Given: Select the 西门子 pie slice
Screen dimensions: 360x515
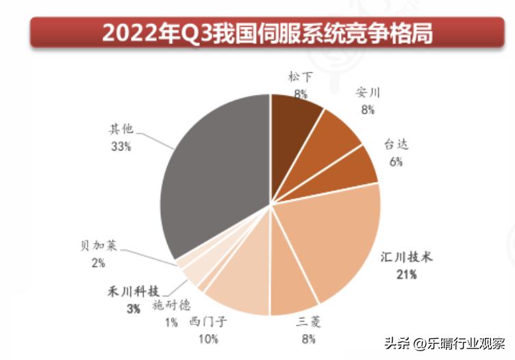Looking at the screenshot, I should point(240,281).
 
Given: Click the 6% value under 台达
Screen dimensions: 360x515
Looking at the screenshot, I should point(397,162).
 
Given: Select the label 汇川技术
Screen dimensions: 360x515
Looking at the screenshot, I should point(408,258).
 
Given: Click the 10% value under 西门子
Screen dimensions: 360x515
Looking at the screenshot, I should point(208,339).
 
